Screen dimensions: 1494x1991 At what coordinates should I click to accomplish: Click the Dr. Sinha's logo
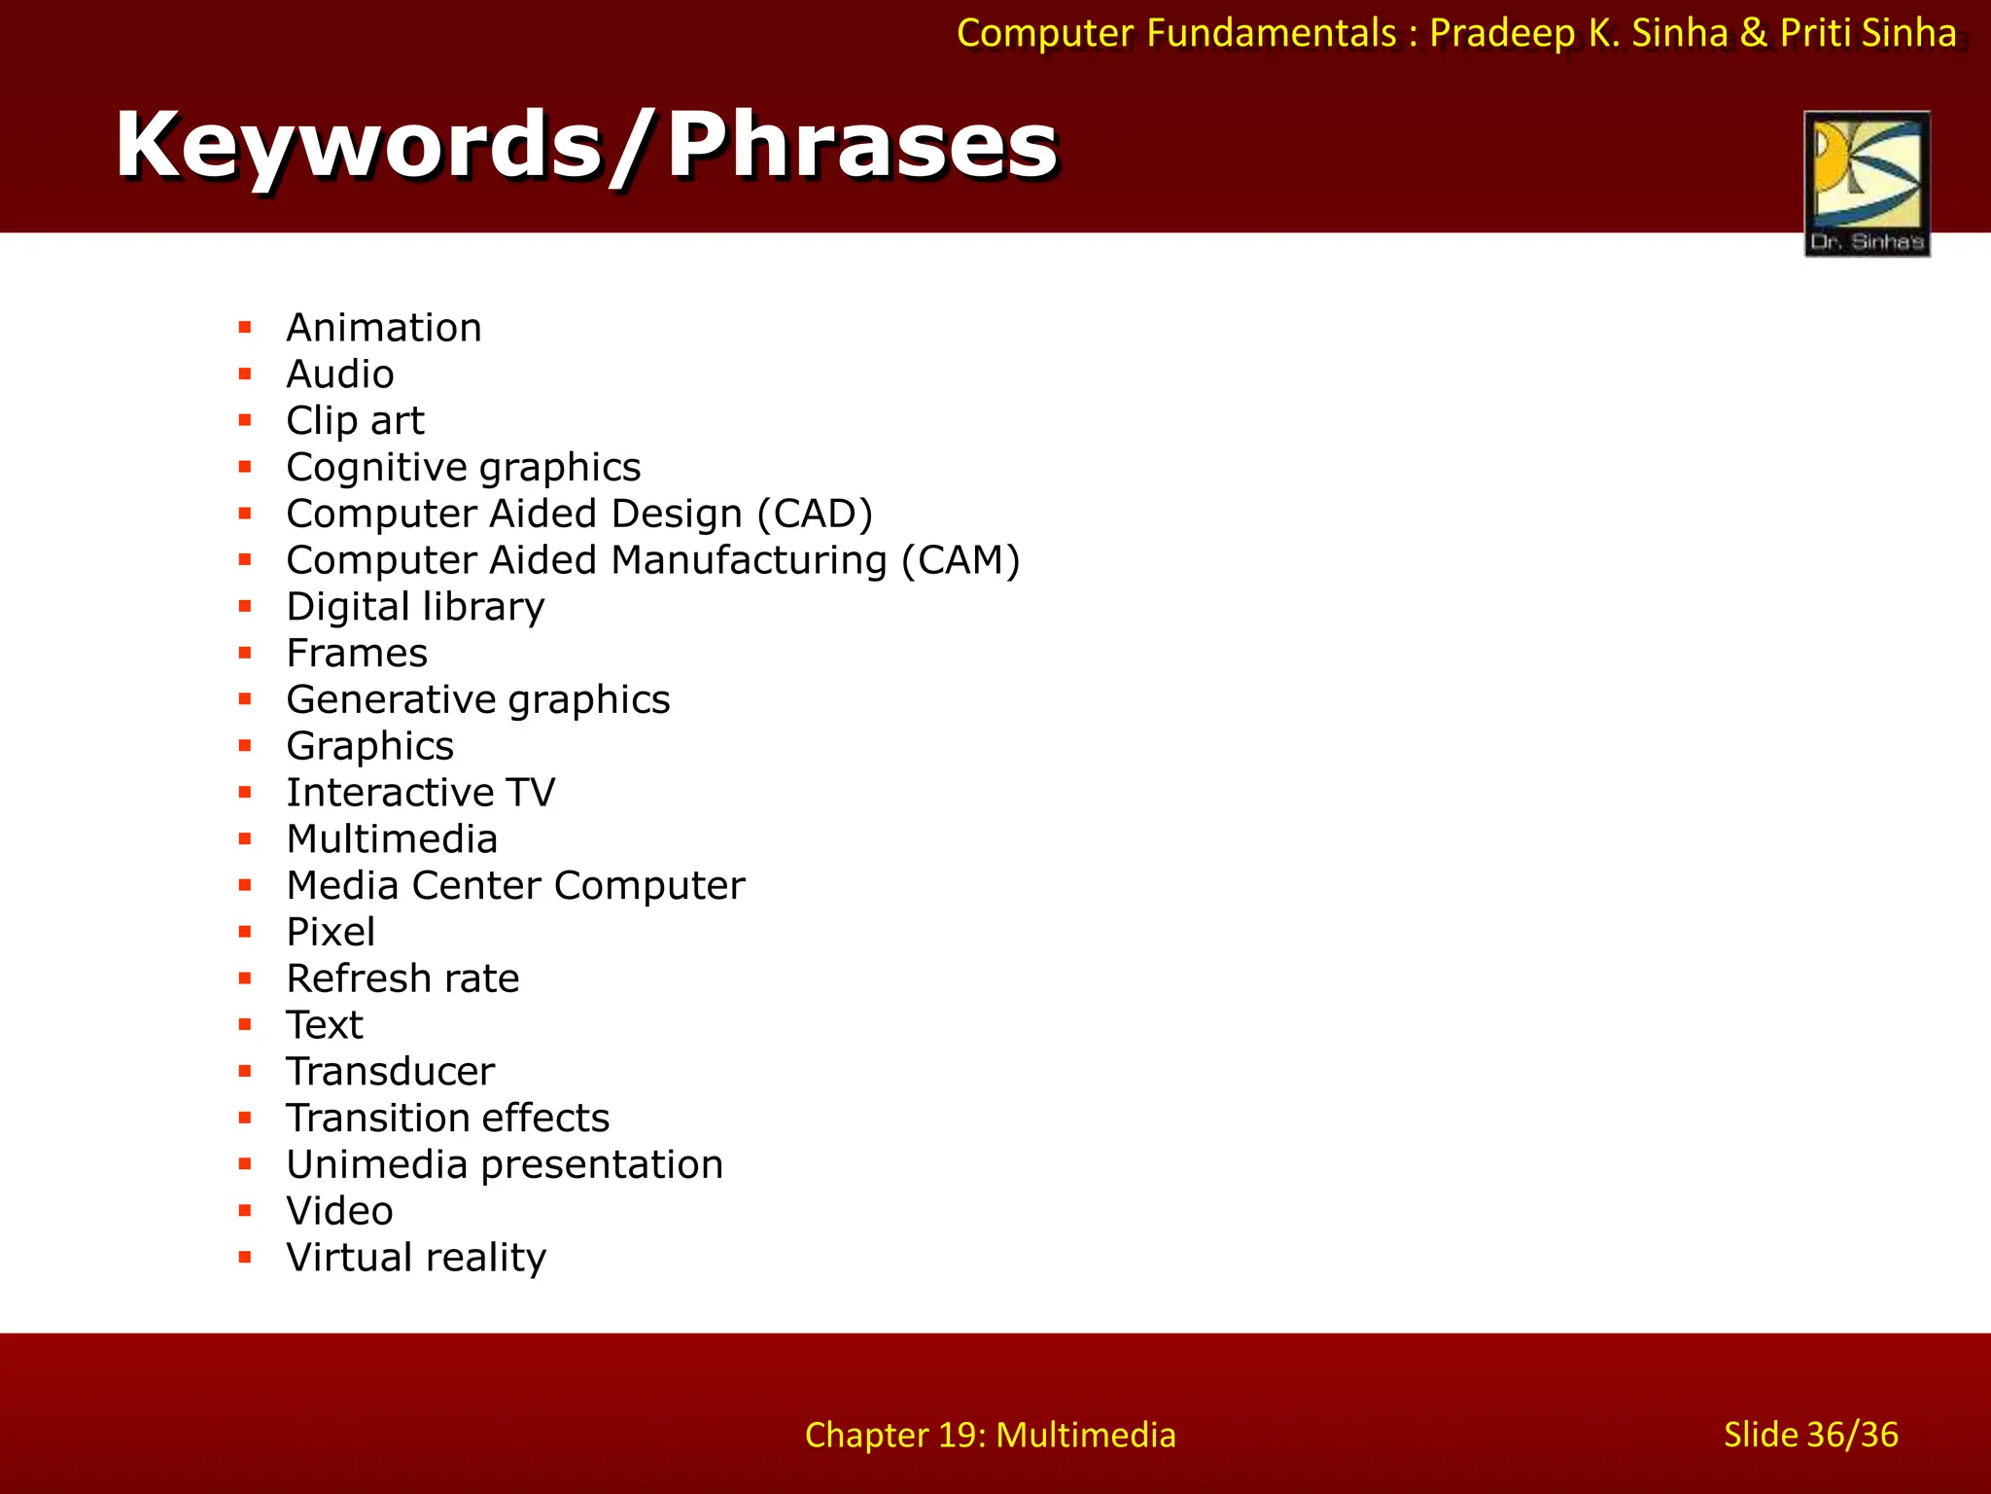[x=1867, y=184]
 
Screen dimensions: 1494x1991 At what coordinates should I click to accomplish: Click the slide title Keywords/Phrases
[x=586, y=145]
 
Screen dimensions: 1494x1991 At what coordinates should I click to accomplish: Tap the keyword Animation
[x=384, y=328]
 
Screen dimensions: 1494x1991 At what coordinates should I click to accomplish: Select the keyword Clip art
[x=355, y=421]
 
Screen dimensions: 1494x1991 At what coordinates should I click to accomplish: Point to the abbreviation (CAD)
[x=815, y=514]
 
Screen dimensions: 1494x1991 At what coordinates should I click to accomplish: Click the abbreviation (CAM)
[x=961, y=560]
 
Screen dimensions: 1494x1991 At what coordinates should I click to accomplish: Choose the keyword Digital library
[x=415, y=607]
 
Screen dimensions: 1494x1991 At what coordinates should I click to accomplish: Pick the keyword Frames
[x=357, y=654]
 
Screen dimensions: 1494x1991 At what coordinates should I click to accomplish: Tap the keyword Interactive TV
[x=420, y=793]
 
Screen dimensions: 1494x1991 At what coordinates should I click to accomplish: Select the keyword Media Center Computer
[x=515, y=886]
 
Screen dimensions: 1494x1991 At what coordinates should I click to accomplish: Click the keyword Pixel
[x=331, y=932]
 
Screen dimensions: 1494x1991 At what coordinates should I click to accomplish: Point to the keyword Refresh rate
[x=402, y=978]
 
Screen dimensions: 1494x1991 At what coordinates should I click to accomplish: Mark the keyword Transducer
[x=390, y=1072]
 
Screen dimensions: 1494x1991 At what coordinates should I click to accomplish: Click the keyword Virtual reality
[x=416, y=1258]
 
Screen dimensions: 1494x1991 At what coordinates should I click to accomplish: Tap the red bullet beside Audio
[x=245, y=374]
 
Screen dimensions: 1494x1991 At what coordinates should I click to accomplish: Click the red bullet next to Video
[x=245, y=1211]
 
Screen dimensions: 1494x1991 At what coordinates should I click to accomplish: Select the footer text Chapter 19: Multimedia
[x=990, y=1435]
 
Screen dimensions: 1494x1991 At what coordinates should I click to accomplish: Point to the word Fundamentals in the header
[x=1271, y=34]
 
